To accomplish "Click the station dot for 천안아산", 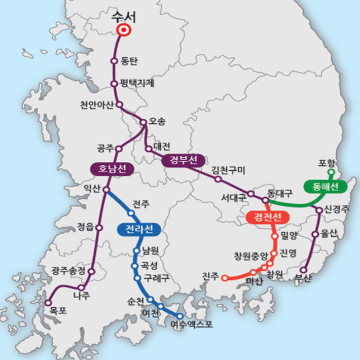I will (120, 104).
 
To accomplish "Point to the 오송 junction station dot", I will (143, 122).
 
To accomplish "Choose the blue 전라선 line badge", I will (138, 230).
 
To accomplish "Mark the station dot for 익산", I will (106, 190).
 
